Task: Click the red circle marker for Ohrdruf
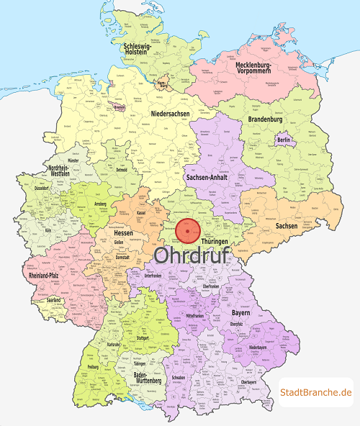click(188, 230)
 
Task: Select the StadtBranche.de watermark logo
click(316, 391)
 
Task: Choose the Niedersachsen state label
click(172, 114)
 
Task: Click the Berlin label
click(284, 140)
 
